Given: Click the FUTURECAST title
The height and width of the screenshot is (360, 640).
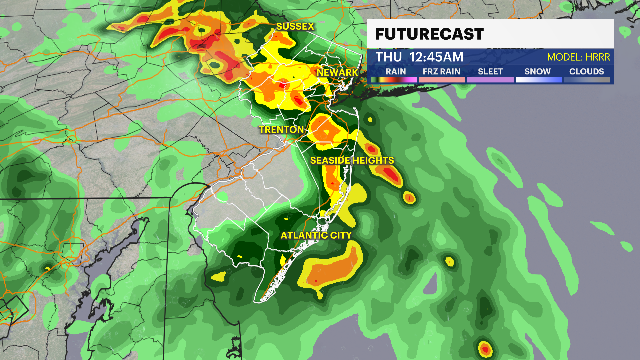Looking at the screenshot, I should (429, 34).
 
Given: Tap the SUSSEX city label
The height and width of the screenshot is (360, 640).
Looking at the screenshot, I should (295, 26).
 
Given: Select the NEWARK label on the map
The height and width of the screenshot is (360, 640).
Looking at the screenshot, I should (337, 72).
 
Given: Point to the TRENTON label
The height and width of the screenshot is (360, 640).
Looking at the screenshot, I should (281, 130).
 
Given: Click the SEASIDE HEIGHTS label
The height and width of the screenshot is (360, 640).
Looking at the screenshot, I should (352, 160).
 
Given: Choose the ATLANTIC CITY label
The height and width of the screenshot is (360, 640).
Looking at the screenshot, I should (316, 235).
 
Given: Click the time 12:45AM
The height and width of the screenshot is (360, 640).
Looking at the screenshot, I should (436, 57).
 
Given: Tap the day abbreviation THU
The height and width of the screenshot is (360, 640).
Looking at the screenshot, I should (389, 57).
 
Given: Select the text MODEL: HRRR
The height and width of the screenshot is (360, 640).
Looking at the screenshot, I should (578, 57).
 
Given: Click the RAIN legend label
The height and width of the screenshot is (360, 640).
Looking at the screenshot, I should (396, 71).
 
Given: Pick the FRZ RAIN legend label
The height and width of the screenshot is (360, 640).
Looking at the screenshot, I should (441, 71).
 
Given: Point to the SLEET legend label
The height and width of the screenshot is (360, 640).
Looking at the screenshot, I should (490, 71).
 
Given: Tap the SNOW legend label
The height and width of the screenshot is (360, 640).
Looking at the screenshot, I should (537, 71).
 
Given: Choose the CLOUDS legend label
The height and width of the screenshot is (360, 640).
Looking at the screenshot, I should (586, 71).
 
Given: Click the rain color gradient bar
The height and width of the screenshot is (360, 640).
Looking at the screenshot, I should (394, 80).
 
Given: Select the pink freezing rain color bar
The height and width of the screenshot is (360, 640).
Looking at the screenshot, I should (441, 80).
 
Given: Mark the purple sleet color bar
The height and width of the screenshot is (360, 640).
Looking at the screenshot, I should (490, 80).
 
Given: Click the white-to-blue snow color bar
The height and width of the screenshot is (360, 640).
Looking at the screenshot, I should (538, 80).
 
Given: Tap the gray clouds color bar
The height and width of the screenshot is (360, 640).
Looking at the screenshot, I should (587, 80).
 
